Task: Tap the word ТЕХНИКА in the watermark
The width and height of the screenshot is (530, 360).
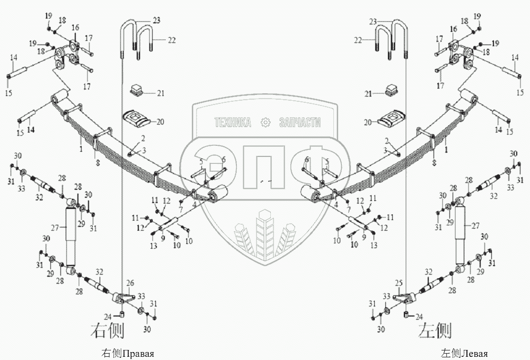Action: coord(232,122)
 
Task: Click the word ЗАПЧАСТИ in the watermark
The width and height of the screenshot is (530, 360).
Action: coord(300,122)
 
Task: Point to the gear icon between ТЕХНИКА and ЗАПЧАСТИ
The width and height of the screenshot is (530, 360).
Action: coord(266,122)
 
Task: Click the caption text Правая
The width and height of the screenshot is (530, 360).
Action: coord(138,354)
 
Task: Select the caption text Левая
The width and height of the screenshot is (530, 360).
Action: coord(475,354)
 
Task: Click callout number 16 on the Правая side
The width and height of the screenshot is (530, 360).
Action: coord(75,27)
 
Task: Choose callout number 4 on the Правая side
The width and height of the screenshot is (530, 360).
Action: coord(195,203)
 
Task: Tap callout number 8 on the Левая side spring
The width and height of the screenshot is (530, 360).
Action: coord(434,162)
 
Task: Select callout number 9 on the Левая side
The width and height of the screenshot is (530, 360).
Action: coord(365,237)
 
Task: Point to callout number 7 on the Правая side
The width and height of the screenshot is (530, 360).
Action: coord(181,210)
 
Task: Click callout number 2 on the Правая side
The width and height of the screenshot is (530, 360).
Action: coord(143,137)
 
